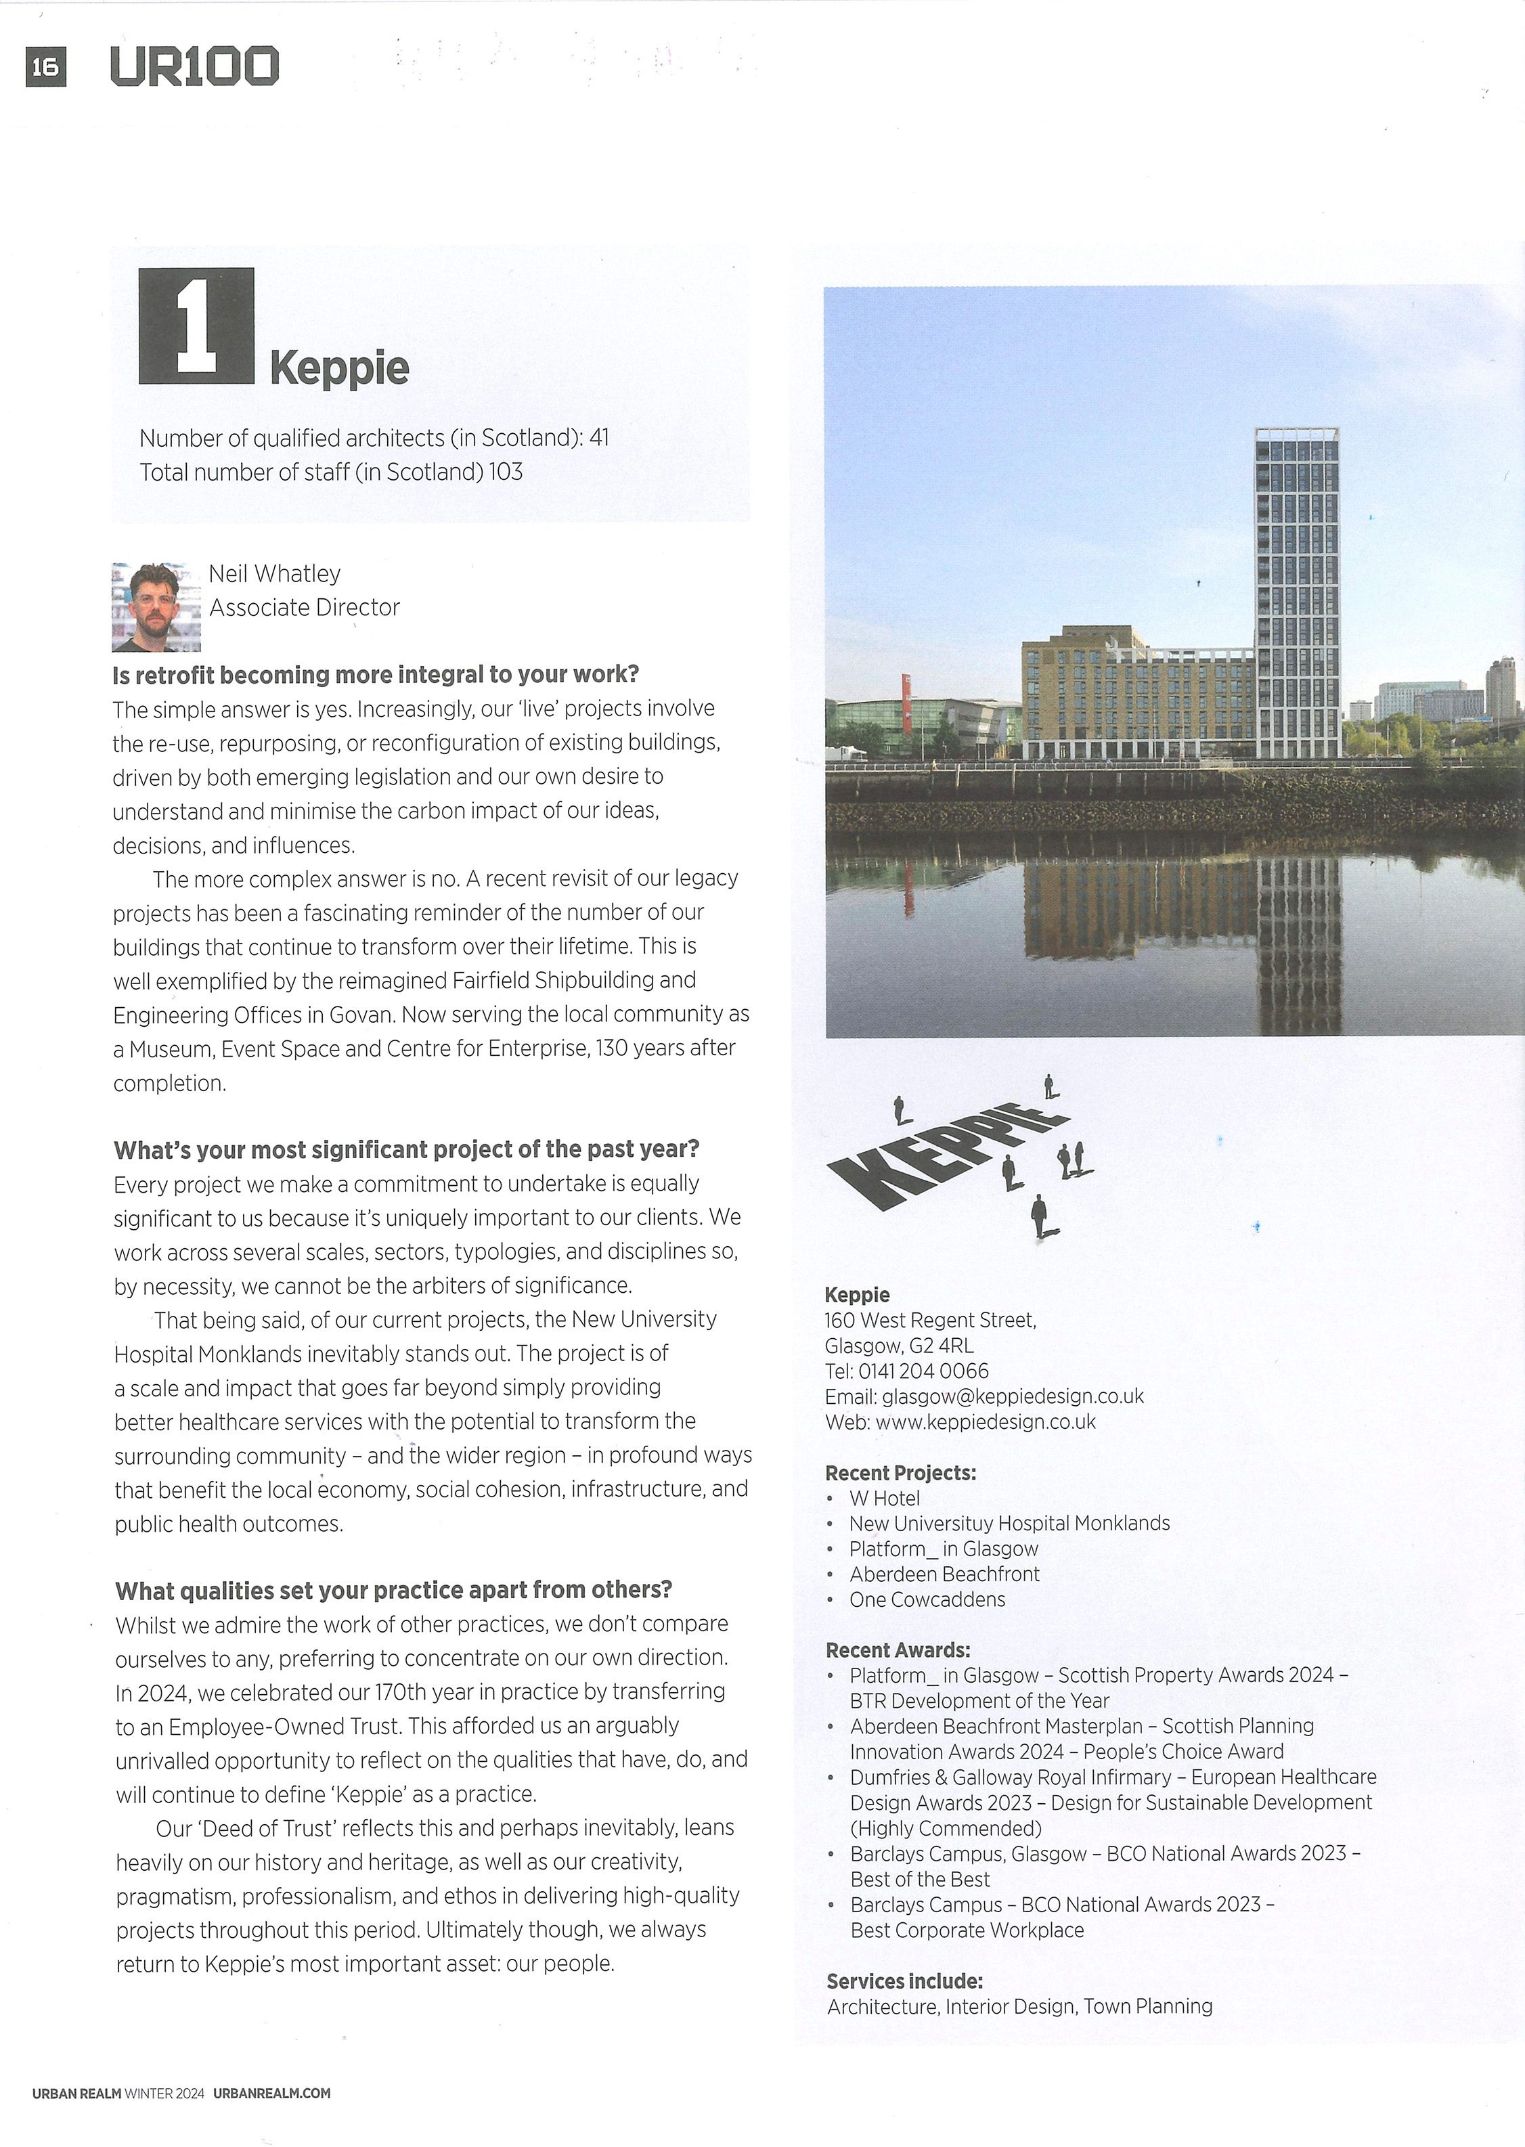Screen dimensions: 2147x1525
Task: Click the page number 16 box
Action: [45, 66]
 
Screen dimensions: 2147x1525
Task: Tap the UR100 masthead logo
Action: [194, 66]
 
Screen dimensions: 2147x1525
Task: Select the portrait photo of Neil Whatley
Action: [156, 606]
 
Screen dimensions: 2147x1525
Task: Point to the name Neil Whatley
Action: [274, 573]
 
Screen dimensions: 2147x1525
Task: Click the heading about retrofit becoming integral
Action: [376, 674]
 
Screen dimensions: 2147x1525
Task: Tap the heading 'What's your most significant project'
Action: [407, 1149]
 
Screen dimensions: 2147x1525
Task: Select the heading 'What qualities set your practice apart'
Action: [393, 1589]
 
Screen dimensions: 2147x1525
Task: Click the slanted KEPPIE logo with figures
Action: [958, 1155]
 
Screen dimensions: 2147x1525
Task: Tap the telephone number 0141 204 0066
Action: [923, 1371]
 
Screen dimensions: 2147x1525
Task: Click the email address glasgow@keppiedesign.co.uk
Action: [1013, 1396]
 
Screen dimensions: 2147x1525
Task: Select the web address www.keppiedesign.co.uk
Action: [985, 1421]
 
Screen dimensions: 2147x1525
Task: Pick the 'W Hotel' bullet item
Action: [885, 1499]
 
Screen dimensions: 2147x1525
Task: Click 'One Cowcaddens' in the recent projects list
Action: [927, 1599]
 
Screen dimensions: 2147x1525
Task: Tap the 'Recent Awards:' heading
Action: [898, 1650]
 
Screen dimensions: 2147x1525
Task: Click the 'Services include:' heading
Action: [904, 1981]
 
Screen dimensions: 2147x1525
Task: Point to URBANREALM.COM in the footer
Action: [271, 2093]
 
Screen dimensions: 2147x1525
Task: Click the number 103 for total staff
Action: [505, 471]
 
